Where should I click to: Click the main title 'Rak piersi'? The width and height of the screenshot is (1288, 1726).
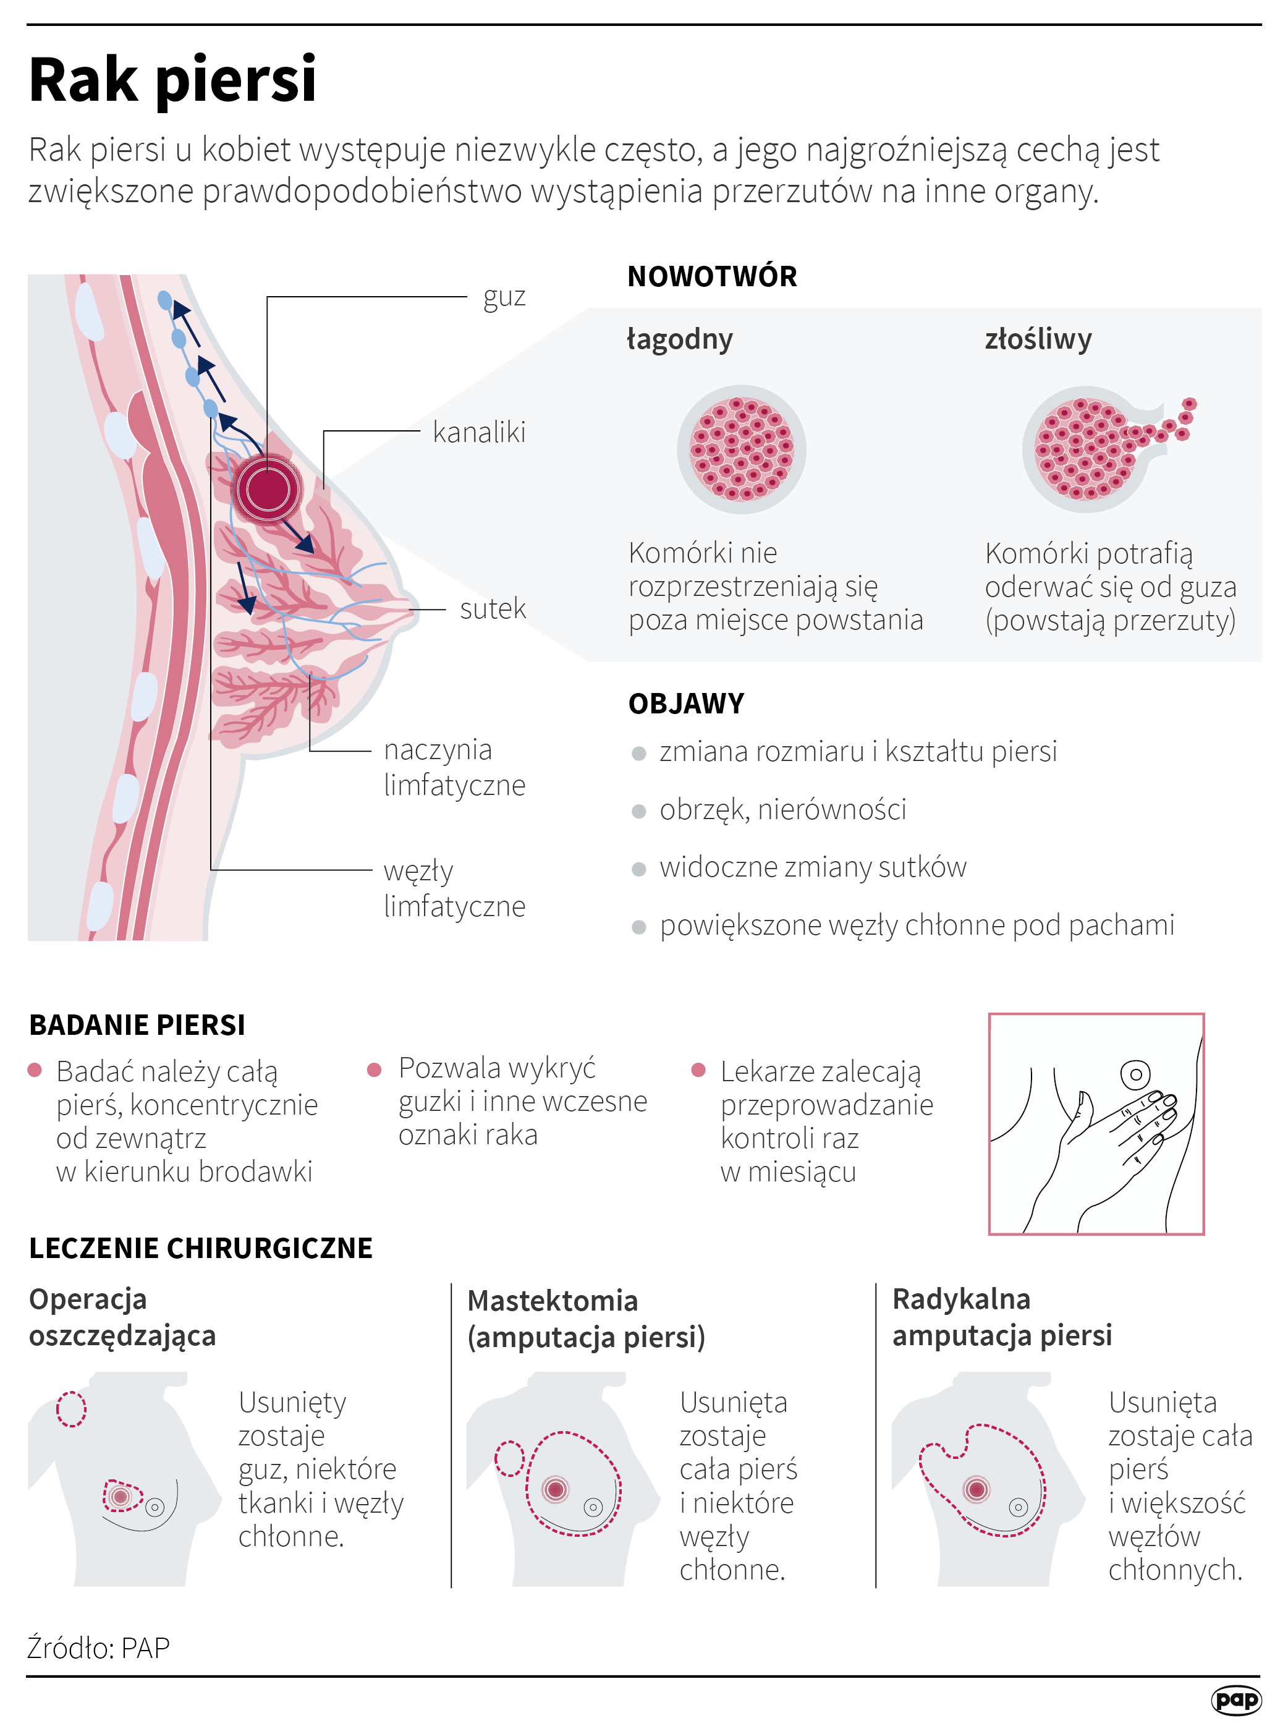click(172, 80)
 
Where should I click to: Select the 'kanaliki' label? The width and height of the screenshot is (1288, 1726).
click(479, 432)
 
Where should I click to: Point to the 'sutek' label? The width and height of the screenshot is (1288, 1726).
click(493, 608)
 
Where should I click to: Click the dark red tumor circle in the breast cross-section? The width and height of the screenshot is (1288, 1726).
click(268, 489)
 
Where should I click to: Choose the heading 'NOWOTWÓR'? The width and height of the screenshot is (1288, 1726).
click(712, 277)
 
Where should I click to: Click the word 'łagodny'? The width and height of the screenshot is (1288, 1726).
click(680, 339)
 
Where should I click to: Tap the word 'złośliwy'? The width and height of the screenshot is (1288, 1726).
click(1038, 339)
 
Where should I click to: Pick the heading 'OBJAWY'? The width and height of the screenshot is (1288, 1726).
click(686, 704)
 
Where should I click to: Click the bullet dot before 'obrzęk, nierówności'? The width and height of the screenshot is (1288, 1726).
click(638, 811)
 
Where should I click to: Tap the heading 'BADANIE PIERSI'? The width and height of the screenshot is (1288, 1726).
click(137, 1025)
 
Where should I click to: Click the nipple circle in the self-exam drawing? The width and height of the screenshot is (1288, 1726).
click(1135, 1074)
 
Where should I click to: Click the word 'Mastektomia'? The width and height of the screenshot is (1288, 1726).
click(552, 1301)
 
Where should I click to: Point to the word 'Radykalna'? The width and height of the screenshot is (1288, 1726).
click(960, 1299)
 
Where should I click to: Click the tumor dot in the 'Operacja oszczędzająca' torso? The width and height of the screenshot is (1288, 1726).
click(120, 1496)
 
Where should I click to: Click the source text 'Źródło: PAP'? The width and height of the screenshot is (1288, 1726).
click(98, 1647)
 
